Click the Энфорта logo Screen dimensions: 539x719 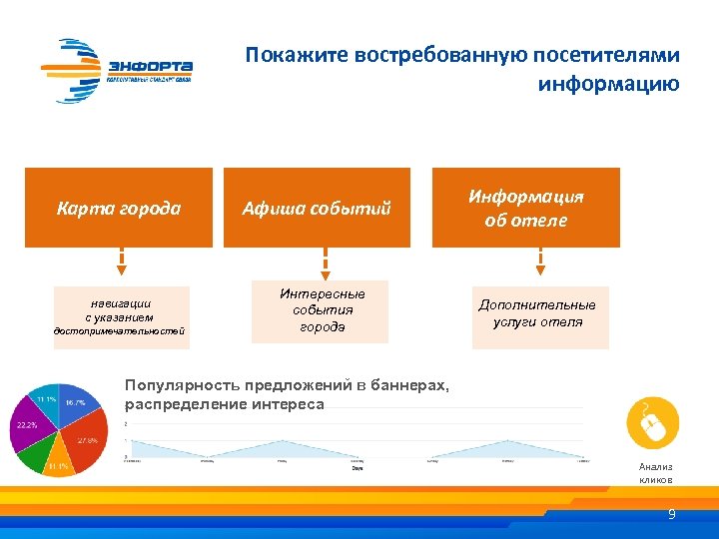pyautogui.click(x=117, y=69)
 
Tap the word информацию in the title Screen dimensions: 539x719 pyautogui.click(x=608, y=84)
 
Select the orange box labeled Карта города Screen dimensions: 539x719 pyautogui.click(x=119, y=208)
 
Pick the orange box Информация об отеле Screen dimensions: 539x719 pyautogui.click(x=525, y=208)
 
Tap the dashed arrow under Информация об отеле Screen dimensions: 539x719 pyautogui.click(x=540, y=263)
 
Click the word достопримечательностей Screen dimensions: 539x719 pyautogui.click(x=119, y=331)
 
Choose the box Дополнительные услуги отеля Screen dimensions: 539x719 pyautogui.click(x=539, y=313)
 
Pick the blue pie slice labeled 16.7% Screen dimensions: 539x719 pyautogui.click(x=76, y=402)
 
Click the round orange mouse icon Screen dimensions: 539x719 pyautogui.click(x=652, y=423)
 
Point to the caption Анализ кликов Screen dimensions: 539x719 pyautogui.click(x=655, y=473)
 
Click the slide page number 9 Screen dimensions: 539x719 pyautogui.click(x=672, y=515)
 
